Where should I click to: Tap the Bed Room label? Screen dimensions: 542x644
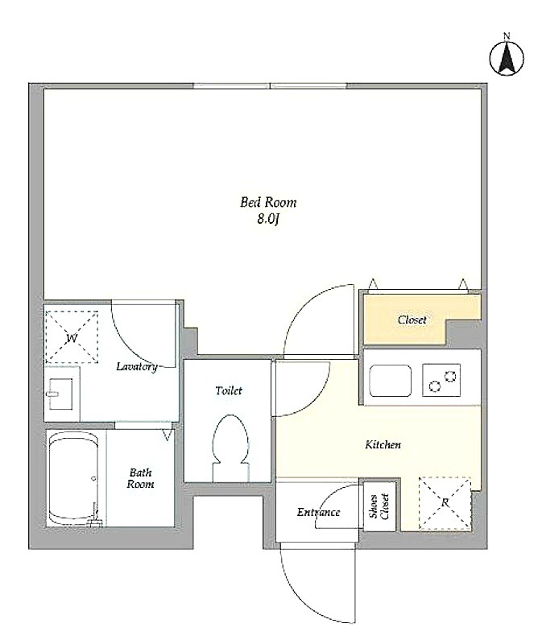point(268,202)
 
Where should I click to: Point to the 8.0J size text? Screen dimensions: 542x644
point(268,219)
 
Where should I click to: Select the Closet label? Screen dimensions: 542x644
point(412,320)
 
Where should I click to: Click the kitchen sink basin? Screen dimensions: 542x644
point(390,380)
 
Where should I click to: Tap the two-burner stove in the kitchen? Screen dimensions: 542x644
point(441,380)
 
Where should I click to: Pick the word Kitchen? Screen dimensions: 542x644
point(383,444)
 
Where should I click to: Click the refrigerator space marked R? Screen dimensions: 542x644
point(445,502)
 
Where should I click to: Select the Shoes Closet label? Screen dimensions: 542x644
point(379,506)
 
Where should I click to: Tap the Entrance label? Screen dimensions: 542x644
point(318,512)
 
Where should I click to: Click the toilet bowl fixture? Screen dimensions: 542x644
point(230,448)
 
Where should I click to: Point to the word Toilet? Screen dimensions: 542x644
point(229,390)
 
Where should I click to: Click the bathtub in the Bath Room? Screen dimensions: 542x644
point(73,478)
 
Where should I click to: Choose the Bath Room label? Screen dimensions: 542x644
point(141,478)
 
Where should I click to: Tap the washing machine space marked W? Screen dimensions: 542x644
point(72,337)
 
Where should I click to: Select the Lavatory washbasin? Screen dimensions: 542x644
point(60,394)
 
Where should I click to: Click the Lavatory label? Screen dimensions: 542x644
point(136,366)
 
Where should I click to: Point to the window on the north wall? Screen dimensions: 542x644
point(270,86)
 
